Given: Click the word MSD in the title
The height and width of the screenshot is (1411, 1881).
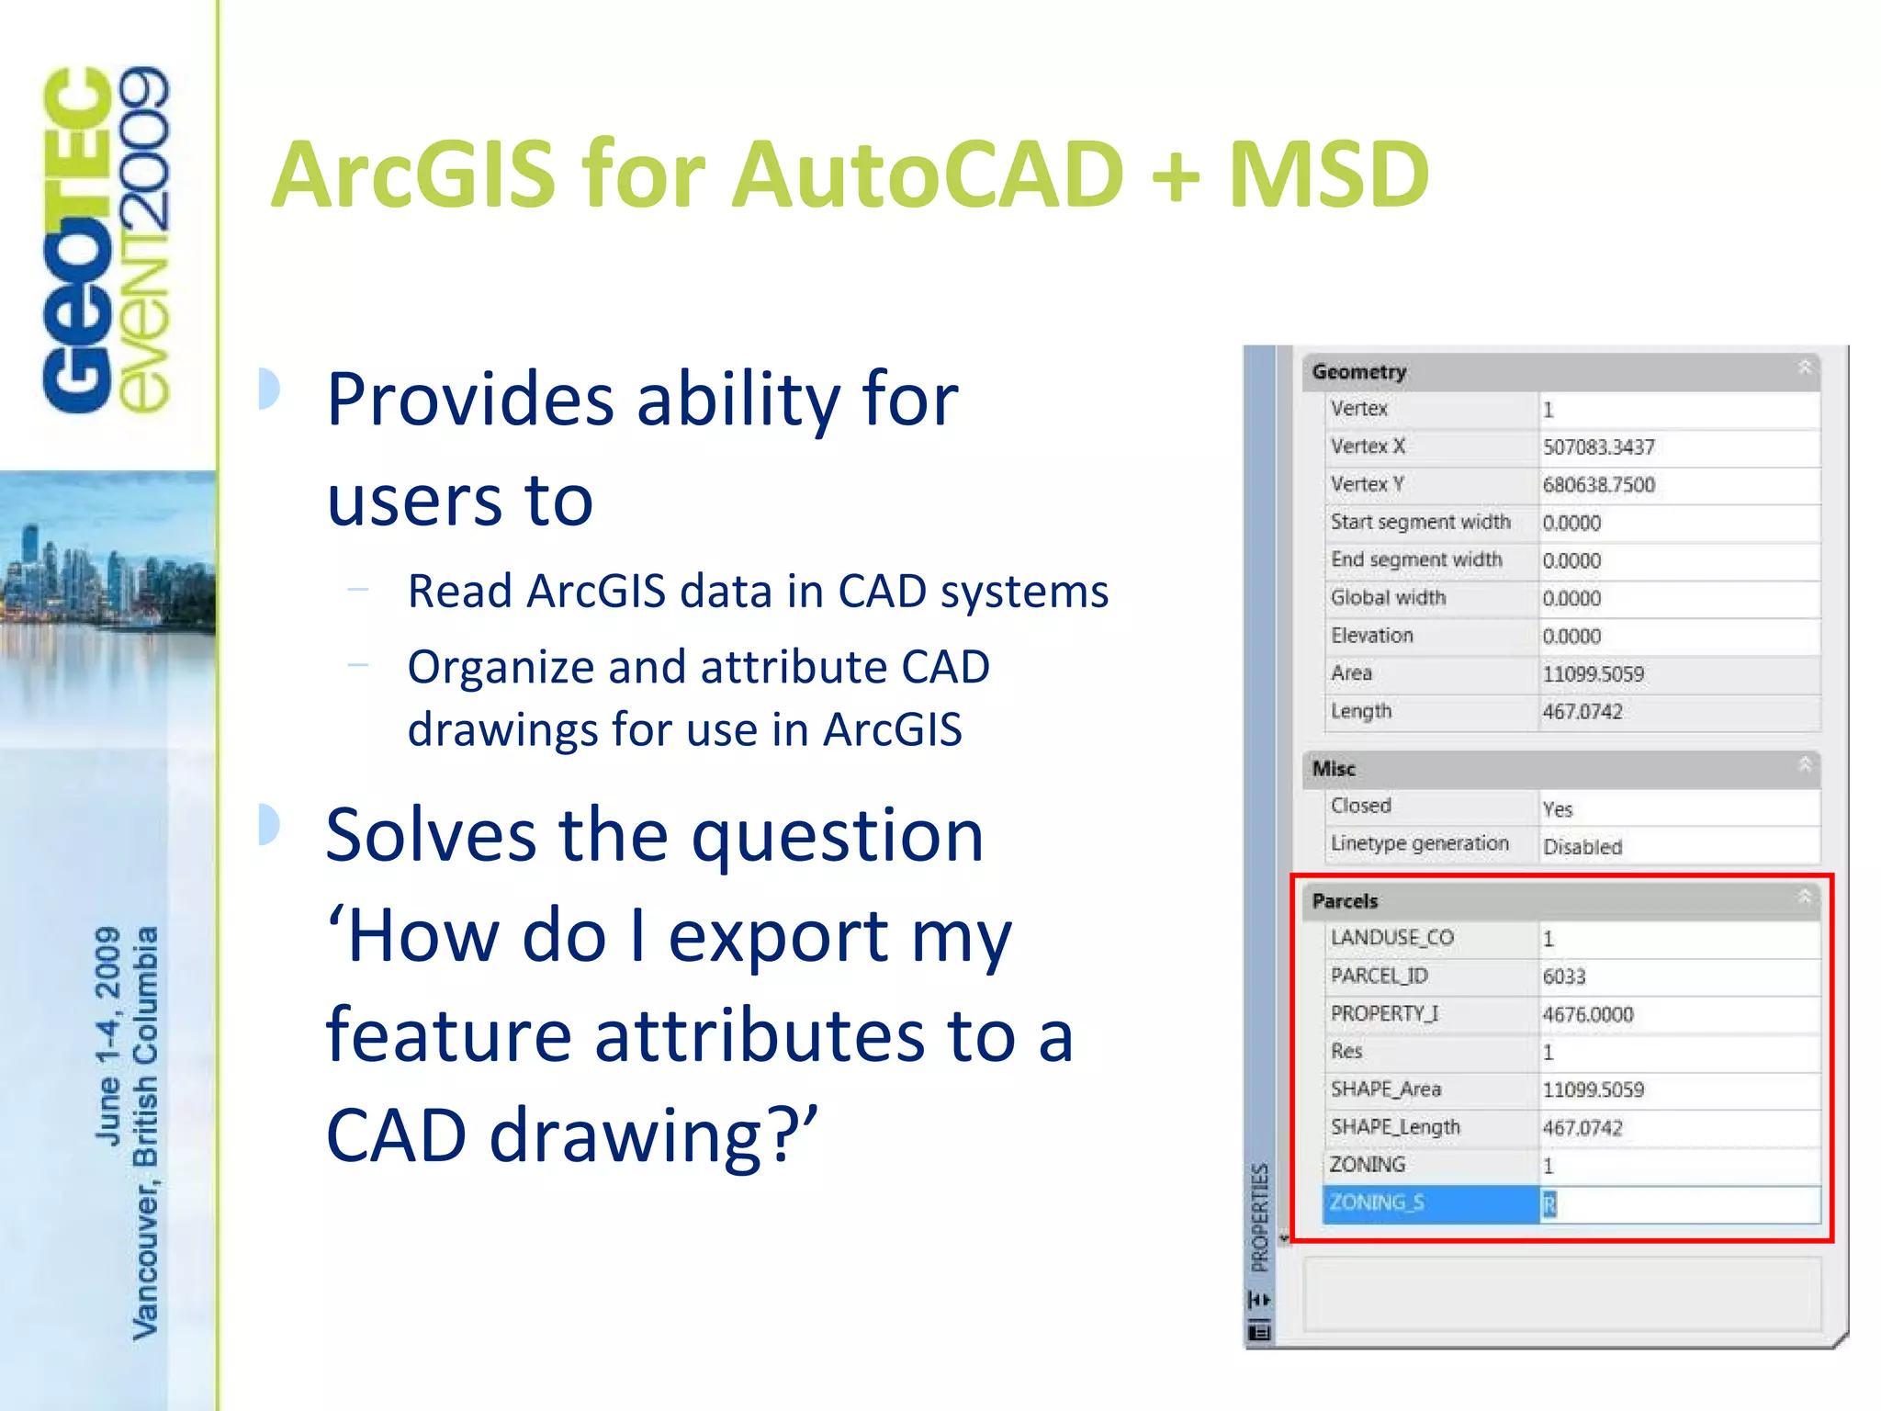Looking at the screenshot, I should pyautogui.click(x=1328, y=175).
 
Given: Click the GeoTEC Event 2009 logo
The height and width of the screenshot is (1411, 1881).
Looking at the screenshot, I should pyautogui.click(x=106, y=239).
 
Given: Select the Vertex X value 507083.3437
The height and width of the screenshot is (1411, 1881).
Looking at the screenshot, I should pyautogui.click(x=1598, y=447).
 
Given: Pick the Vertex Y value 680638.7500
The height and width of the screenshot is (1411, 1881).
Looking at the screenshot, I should pyautogui.click(x=1598, y=485).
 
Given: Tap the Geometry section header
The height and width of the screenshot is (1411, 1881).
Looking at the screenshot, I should pyautogui.click(x=1359, y=372).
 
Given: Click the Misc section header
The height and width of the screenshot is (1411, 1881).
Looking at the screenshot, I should pyautogui.click(x=1334, y=769).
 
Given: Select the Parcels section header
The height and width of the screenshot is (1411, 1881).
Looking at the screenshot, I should pyautogui.click(x=1346, y=901).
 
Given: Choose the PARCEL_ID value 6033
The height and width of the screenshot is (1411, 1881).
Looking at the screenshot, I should pyautogui.click(x=1564, y=976).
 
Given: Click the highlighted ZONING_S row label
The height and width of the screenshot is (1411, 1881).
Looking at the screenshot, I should pyautogui.click(x=1378, y=1202).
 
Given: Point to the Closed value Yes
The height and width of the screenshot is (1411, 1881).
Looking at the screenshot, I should pyautogui.click(x=1558, y=809).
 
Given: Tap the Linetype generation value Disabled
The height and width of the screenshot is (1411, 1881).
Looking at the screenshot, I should pyautogui.click(x=1583, y=847).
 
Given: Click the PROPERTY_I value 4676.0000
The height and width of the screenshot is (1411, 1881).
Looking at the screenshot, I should pyautogui.click(x=1588, y=1014).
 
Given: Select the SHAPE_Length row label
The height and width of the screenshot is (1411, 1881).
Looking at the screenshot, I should pyautogui.click(x=1395, y=1127).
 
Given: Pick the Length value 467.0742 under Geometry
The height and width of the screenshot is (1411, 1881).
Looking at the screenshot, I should pyautogui.click(x=1583, y=712).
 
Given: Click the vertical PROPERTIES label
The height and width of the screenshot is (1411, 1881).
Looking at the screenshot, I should pyautogui.click(x=1260, y=1217).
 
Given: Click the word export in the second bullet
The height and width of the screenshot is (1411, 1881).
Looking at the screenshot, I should pyautogui.click(x=777, y=937).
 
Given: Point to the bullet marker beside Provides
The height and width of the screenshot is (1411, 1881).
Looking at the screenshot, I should pyautogui.click(x=269, y=389).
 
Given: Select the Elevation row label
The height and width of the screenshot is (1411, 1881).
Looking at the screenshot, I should pyautogui.click(x=1372, y=636).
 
